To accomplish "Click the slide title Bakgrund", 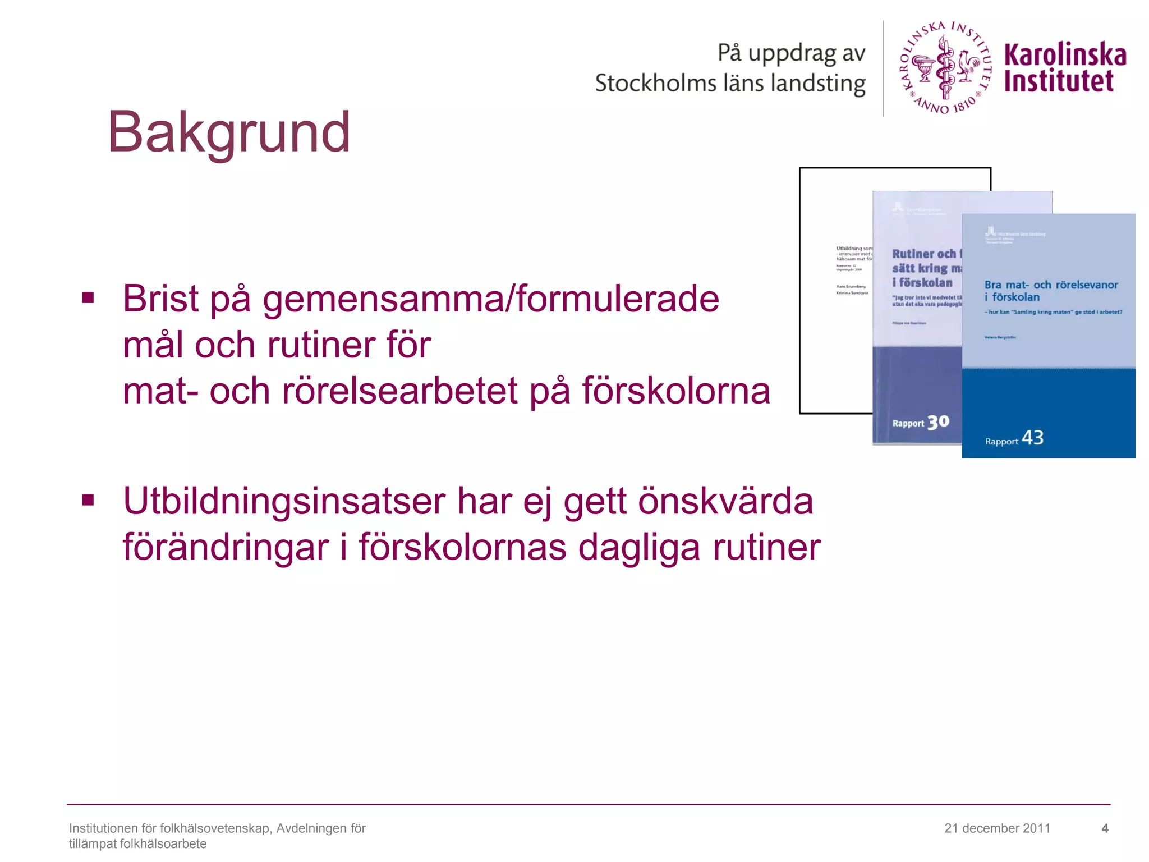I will pyautogui.click(x=229, y=132).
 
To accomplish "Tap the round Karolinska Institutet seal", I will pyautogui.click(x=946, y=68).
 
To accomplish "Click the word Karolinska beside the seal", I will pyautogui.click(x=1065, y=55).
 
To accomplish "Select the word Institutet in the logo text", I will pyautogui.click(x=1058, y=81).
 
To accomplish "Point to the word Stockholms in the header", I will pyautogui.click(x=655, y=84).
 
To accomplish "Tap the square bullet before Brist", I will pyautogui.click(x=88, y=297).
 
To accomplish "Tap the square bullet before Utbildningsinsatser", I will pyautogui.click(x=88, y=499).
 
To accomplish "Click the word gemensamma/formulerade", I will pyautogui.click(x=491, y=299).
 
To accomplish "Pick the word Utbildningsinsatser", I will pyautogui.click(x=283, y=501).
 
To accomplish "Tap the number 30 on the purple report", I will pyautogui.click(x=938, y=422).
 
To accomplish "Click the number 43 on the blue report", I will pyautogui.click(x=1032, y=438).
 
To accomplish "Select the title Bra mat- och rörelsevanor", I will pyautogui.click(x=1051, y=285).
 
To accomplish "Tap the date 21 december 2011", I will pyautogui.click(x=997, y=828).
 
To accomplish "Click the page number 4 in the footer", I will pyautogui.click(x=1105, y=828).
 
